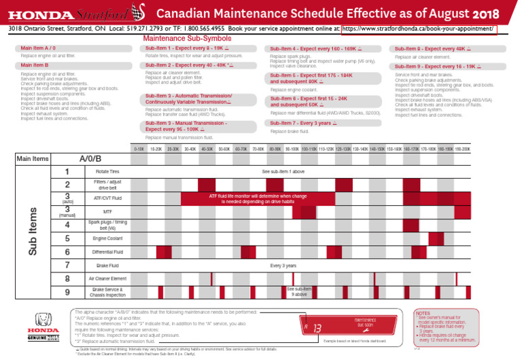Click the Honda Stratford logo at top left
[69, 13]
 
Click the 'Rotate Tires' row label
[107, 172]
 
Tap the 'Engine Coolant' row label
[107, 239]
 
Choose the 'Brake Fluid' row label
[107, 266]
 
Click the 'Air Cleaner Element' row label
[107, 278]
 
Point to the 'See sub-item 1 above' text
[283, 172]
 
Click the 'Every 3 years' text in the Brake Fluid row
[283, 266]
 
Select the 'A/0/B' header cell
[90, 158]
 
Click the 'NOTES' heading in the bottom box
[422, 313]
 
